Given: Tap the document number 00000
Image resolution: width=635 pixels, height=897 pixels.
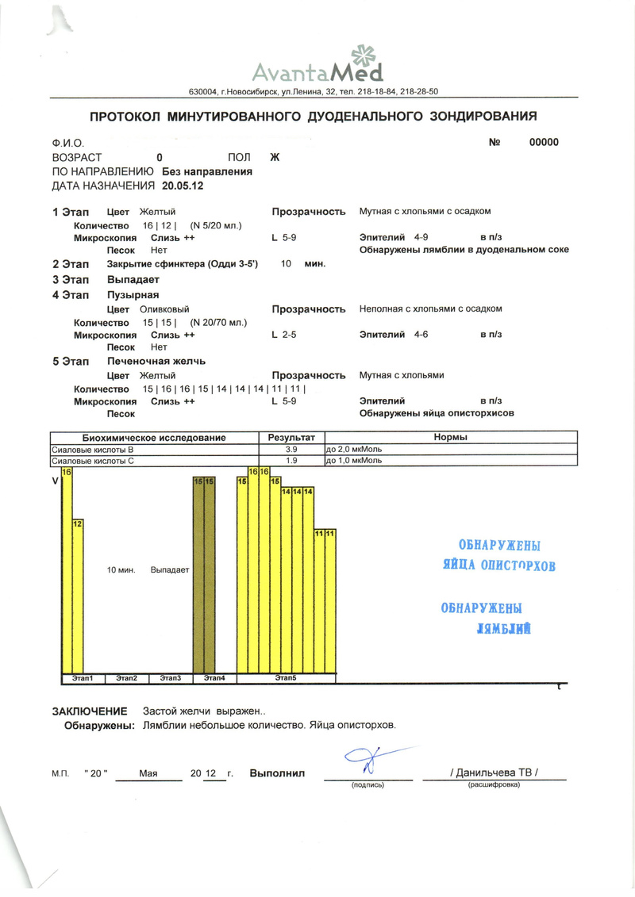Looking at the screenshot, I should point(544,143).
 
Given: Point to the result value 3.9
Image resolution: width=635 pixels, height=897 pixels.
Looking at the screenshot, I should point(291,450).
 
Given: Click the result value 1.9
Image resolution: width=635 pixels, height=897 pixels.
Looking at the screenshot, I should point(291,460).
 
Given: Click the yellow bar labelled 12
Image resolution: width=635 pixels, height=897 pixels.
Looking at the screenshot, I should point(78,595).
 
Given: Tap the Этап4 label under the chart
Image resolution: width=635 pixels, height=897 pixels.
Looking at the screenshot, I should point(214,678).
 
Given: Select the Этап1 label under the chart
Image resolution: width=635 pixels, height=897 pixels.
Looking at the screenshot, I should point(83,678).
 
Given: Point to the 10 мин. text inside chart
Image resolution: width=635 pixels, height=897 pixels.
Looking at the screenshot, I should point(121,569).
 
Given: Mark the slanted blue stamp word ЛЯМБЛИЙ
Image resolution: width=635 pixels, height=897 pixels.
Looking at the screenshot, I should point(502,629).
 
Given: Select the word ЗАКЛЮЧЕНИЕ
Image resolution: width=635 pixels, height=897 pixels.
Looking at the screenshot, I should point(90,711).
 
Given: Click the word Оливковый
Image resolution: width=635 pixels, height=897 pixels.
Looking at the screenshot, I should point(164,309).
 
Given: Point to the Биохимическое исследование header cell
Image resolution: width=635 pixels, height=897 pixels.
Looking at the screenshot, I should point(155,438).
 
